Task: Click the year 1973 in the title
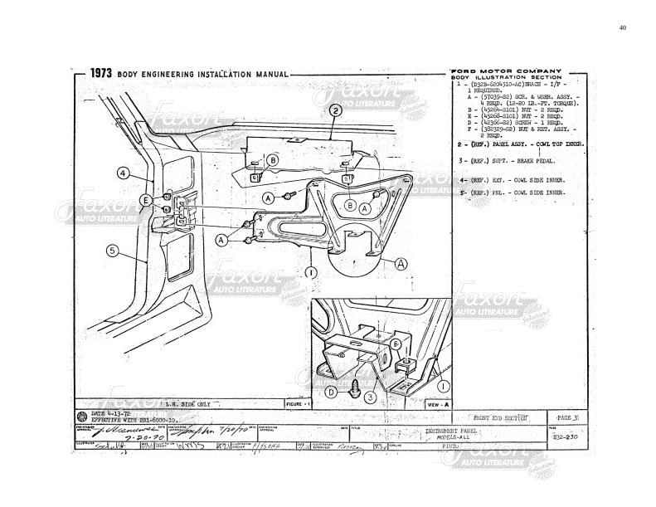point(106,74)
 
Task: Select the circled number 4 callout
point(123,173)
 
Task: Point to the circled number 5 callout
point(112,249)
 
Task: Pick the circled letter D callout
point(330,392)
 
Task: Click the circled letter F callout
point(396,342)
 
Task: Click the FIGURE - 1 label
point(297,403)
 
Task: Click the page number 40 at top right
point(623,27)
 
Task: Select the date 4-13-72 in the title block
point(106,412)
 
